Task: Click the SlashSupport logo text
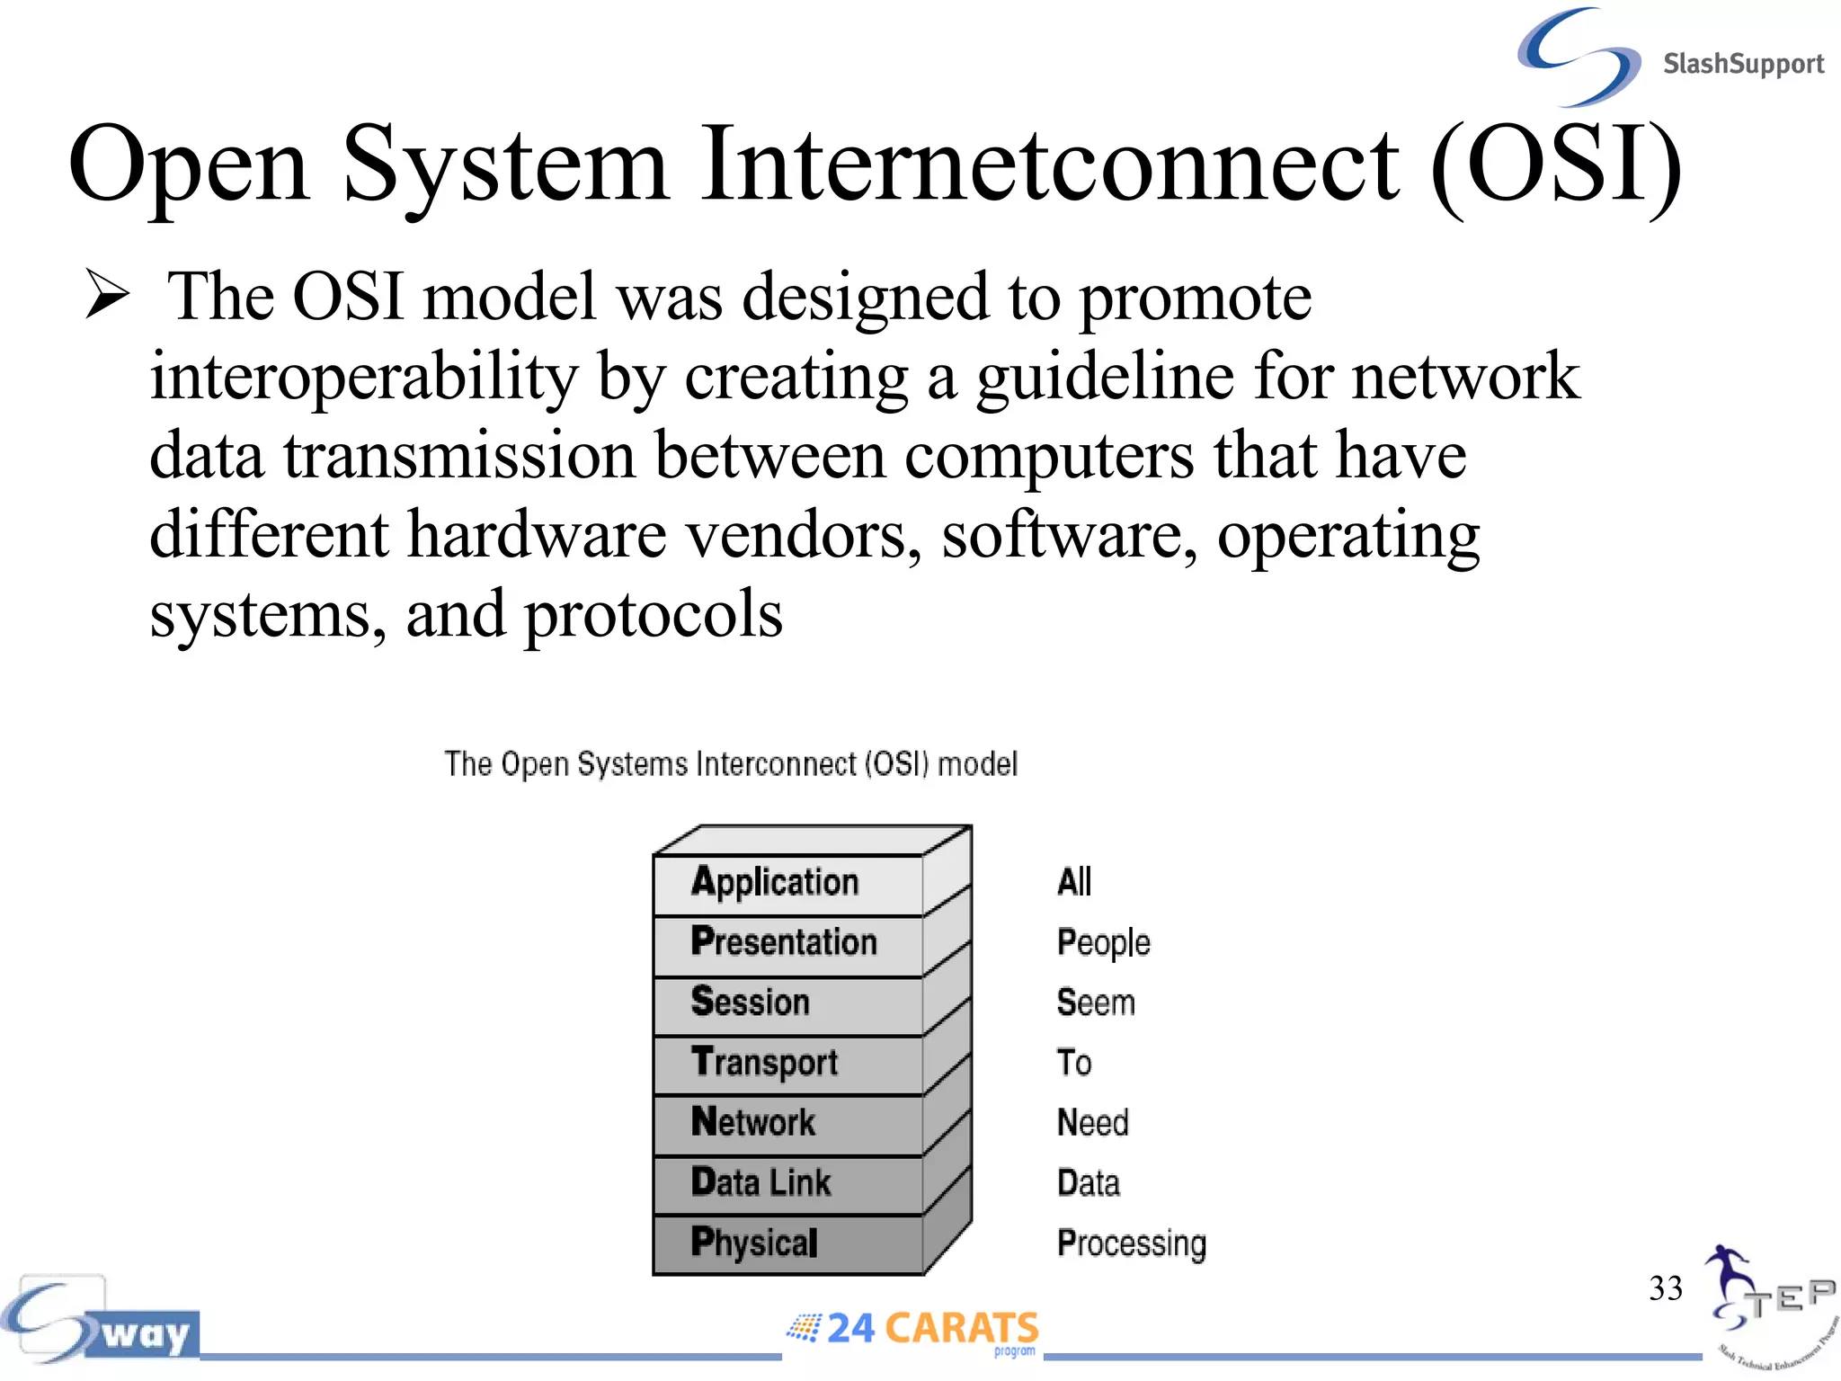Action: click(1742, 64)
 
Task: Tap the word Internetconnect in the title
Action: click(1049, 165)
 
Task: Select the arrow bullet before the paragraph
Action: click(108, 295)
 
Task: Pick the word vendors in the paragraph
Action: click(805, 535)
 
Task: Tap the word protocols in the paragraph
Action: click(653, 615)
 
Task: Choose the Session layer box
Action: click(787, 1003)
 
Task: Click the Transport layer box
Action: click(787, 1064)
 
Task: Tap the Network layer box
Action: click(787, 1124)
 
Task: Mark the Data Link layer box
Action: click(787, 1183)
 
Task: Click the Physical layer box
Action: click(787, 1243)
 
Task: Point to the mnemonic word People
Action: click(1103, 943)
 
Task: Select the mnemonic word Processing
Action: click(1131, 1243)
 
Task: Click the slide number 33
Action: click(1665, 1288)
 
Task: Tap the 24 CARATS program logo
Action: click(913, 1329)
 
